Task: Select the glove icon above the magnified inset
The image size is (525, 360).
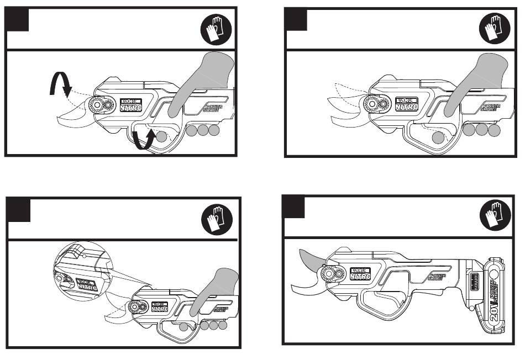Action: point(215,222)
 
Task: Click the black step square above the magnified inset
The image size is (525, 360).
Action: point(19,210)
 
